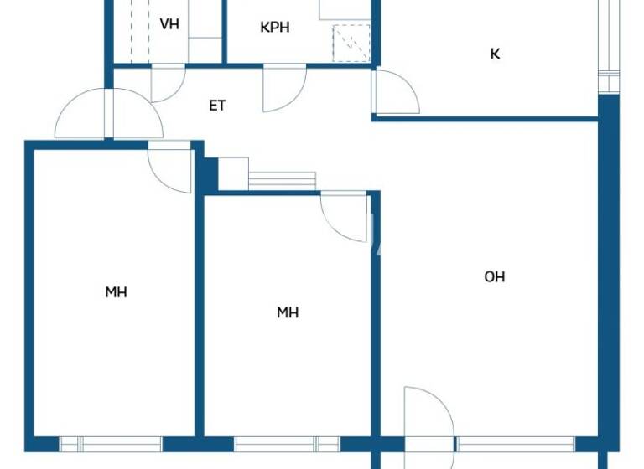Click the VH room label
[169, 24]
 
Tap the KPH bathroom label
[275, 28]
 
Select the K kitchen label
[495, 54]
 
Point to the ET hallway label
[217, 106]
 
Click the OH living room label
[495, 277]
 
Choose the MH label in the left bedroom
[116, 292]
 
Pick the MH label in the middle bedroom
[288, 312]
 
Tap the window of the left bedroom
[110, 444]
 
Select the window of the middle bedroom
[287, 444]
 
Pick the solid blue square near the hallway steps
[210, 173]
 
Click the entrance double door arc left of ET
[109, 116]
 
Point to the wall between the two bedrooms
[199, 318]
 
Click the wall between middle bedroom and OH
[376, 318]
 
